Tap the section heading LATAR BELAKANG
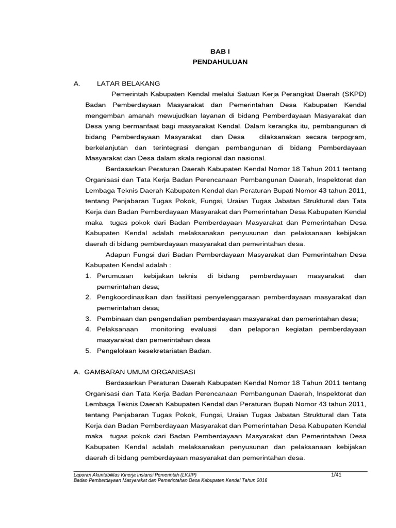[128, 84]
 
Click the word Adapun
[117, 255]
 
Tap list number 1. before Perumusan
[88, 276]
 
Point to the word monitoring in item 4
[168, 329]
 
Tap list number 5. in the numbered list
[88, 351]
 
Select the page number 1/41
[336, 474]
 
